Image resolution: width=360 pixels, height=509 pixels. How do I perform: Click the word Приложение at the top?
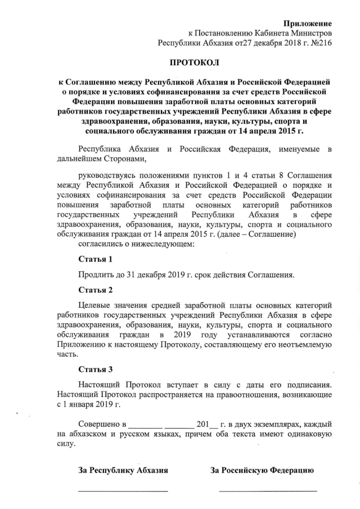(307, 23)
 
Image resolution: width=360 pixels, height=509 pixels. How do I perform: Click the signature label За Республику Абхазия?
(123, 470)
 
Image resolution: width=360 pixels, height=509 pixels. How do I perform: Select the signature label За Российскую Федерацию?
(262, 470)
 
